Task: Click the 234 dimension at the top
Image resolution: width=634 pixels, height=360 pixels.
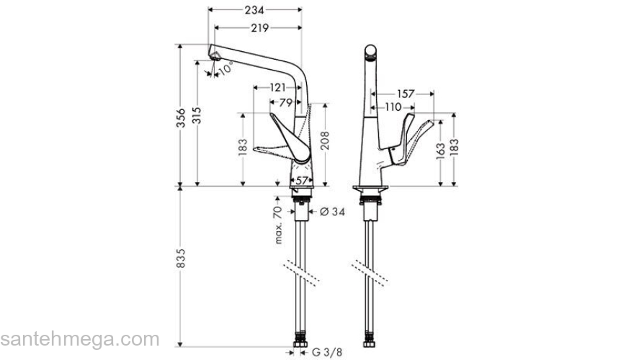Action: click(254, 10)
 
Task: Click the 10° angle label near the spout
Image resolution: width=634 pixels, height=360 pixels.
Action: click(226, 68)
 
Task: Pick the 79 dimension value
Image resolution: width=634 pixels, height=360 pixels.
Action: click(286, 103)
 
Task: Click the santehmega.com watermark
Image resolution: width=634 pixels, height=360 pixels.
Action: click(79, 339)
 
